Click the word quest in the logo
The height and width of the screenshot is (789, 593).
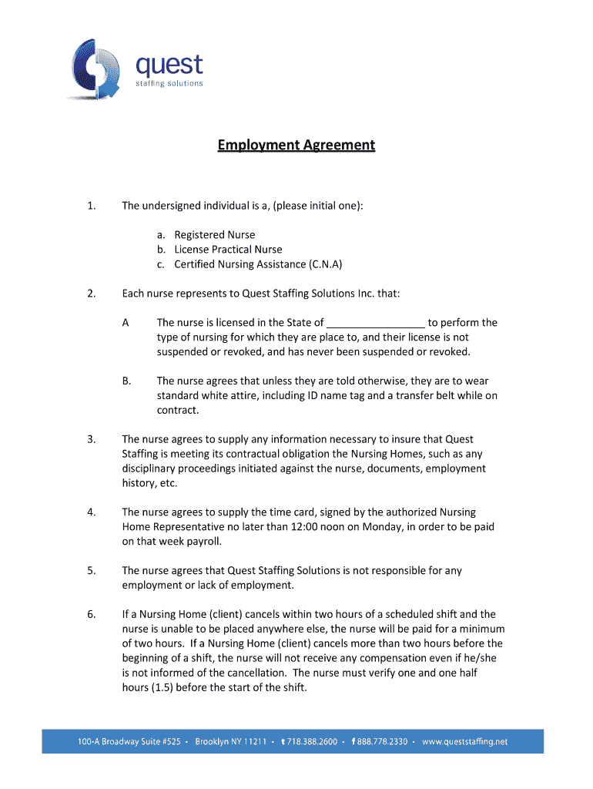pos(169,64)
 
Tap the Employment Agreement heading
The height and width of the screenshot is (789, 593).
pos(296,145)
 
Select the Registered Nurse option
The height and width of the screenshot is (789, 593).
pos(214,235)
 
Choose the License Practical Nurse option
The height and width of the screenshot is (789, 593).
pos(228,250)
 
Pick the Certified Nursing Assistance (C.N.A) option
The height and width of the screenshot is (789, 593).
pos(258,264)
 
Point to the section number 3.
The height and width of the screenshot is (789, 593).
pos(92,440)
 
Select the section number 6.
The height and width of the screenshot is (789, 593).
pos(92,614)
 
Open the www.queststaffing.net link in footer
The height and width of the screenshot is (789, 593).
pos(465,742)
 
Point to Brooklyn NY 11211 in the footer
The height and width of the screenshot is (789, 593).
pos(230,742)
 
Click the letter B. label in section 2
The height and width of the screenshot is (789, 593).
pos(126,381)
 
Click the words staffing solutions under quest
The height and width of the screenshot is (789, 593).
pos(169,82)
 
